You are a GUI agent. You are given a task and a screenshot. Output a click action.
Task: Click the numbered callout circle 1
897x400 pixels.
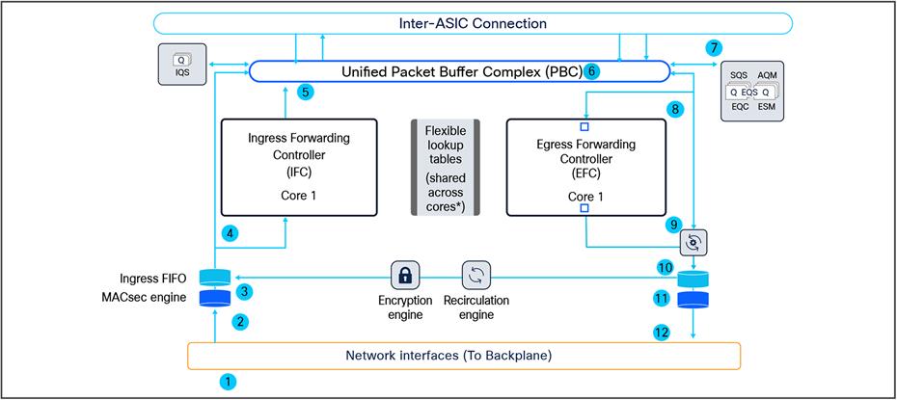(228, 381)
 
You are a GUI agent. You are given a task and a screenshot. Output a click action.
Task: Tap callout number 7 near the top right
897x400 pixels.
(713, 47)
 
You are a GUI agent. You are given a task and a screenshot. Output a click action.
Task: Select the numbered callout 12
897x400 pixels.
(662, 333)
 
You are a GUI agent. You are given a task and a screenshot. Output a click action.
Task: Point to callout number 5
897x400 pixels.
(305, 93)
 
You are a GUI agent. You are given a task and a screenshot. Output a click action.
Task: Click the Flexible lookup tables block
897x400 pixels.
(445, 166)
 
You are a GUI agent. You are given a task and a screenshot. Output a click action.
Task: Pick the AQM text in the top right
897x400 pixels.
(769, 74)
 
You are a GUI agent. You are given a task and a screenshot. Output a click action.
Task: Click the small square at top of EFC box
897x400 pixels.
(584, 127)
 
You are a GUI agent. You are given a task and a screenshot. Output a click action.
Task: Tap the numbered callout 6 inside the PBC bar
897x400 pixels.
(593, 70)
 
